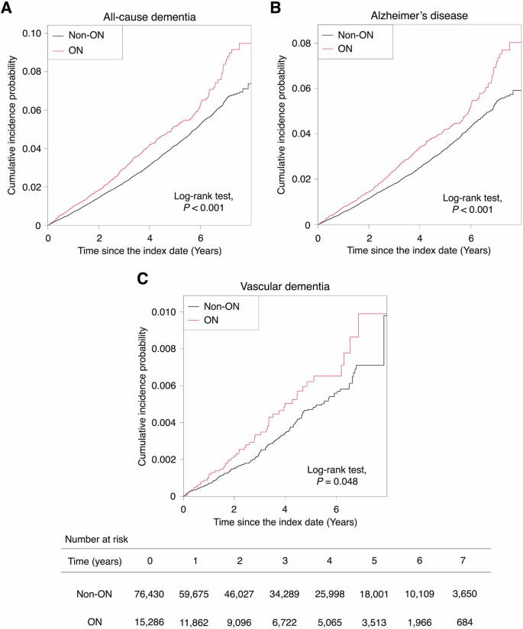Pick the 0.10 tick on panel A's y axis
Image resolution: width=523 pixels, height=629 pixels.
coord(34,34)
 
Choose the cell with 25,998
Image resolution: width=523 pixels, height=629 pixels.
coord(330,592)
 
